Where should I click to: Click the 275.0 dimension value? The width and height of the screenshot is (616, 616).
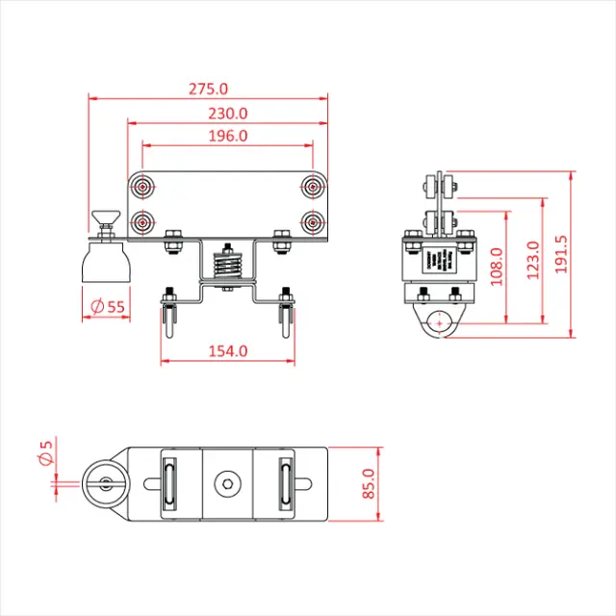coord(208,89)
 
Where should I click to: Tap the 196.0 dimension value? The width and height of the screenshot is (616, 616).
coord(228,137)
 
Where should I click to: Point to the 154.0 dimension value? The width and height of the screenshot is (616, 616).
coord(228,351)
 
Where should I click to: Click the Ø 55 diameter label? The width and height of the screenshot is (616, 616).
coord(107,307)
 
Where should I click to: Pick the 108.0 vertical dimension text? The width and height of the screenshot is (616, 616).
coord(497,267)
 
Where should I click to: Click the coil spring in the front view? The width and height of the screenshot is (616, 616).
coord(227,262)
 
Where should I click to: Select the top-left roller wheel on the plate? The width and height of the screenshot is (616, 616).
coord(143,186)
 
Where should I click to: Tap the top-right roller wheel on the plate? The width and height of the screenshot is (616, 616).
coord(313,186)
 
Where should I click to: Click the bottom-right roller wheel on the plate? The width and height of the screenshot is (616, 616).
coord(313,222)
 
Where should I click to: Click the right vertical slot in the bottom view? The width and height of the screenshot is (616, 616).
coord(286,485)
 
